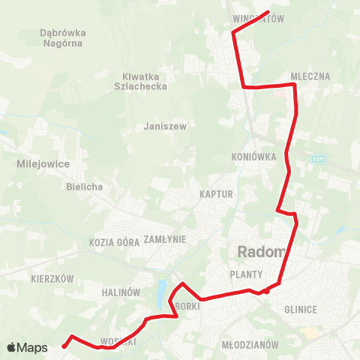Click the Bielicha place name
[x=84, y=186]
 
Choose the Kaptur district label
[x=217, y=194]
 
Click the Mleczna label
[x=310, y=76]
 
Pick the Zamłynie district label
[x=164, y=238]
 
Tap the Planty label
[x=246, y=274]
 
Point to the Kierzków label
[x=52, y=278]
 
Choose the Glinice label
[x=301, y=309]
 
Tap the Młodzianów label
[x=250, y=344]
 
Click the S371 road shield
[x=319, y=157]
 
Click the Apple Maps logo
[x=27, y=347]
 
